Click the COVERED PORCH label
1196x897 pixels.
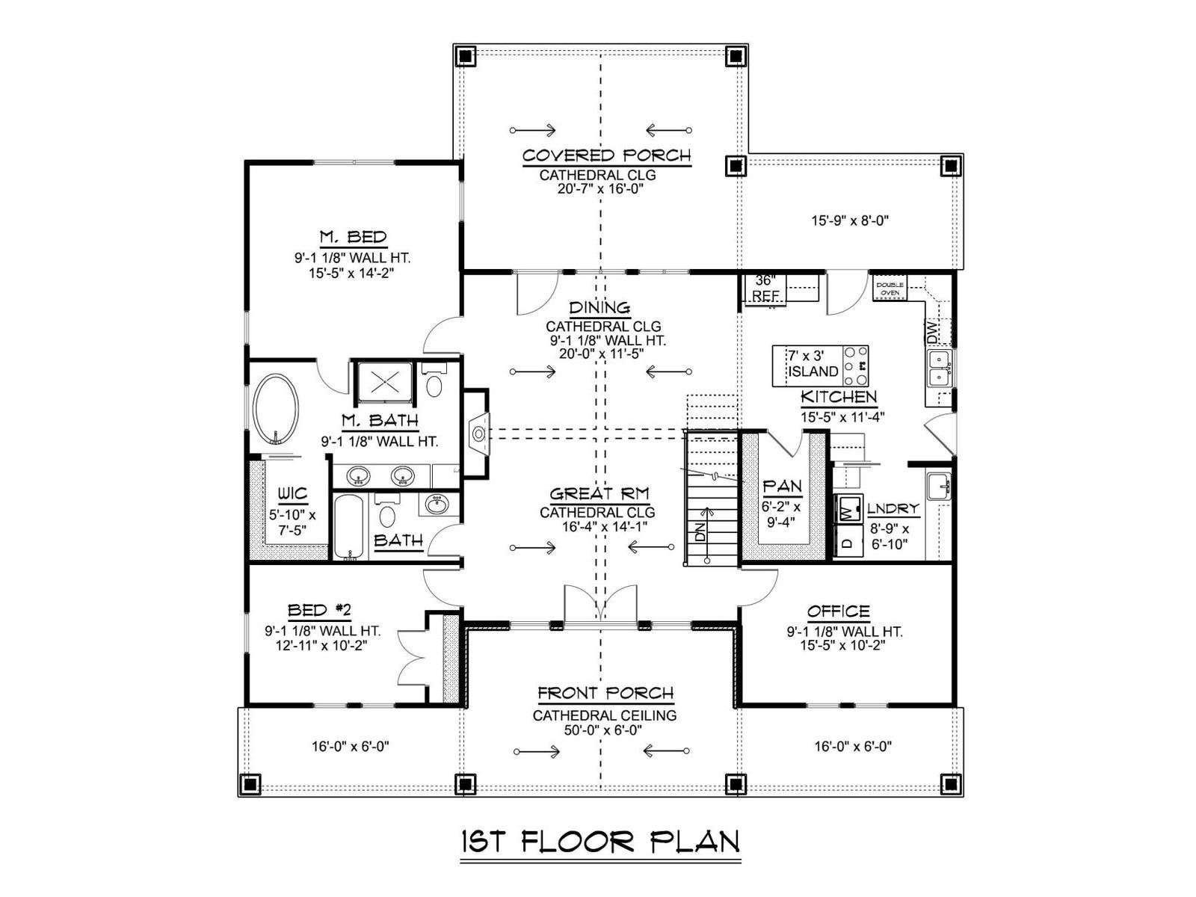point(606,155)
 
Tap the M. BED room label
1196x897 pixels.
point(353,237)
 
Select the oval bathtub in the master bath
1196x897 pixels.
point(277,408)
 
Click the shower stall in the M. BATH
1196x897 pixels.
point(383,380)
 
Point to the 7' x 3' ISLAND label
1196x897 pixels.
point(813,364)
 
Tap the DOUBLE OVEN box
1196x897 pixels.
point(890,289)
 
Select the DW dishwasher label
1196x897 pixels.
point(932,332)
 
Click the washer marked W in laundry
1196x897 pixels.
point(848,510)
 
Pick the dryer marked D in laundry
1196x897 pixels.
point(848,541)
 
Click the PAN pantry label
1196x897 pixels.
point(782,486)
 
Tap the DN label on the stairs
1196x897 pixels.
point(700,531)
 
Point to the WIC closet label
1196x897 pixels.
point(292,493)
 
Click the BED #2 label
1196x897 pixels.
point(319,610)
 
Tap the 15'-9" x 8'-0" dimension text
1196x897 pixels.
point(851,221)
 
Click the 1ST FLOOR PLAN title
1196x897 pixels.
point(600,842)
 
